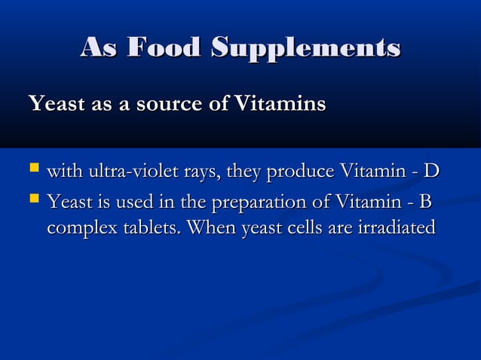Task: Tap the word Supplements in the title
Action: click(305, 47)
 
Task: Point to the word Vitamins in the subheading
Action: click(279, 103)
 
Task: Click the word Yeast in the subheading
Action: click(54, 103)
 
